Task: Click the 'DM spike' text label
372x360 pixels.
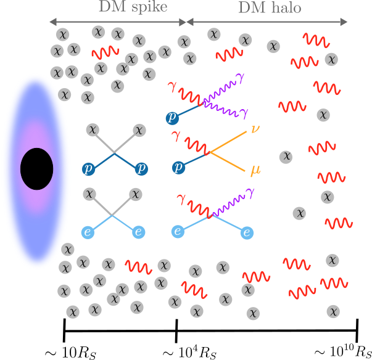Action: click(x=133, y=7)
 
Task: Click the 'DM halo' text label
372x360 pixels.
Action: click(x=270, y=8)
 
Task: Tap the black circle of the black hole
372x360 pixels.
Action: click(x=36, y=169)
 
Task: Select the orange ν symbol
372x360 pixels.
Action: click(x=254, y=130)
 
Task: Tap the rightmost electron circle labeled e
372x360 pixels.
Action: click(x=247, y=232)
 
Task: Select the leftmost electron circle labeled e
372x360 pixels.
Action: click(x=89, y=232)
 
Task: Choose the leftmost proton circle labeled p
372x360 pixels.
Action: click(x=89, y=168)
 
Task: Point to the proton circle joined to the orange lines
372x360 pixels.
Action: click(x=178, y=167)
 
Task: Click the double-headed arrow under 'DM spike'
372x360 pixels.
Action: click(x=117, y=22)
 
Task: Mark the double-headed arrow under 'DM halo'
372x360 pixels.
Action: click(x=267, y=22)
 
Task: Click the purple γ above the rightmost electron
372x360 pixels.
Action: click(x=250, y=193)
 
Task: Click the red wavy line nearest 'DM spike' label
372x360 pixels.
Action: click(x=105, y=52)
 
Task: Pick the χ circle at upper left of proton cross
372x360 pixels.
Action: click(x=93, y=129)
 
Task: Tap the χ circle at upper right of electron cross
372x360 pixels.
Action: click(x=136, y=195)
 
